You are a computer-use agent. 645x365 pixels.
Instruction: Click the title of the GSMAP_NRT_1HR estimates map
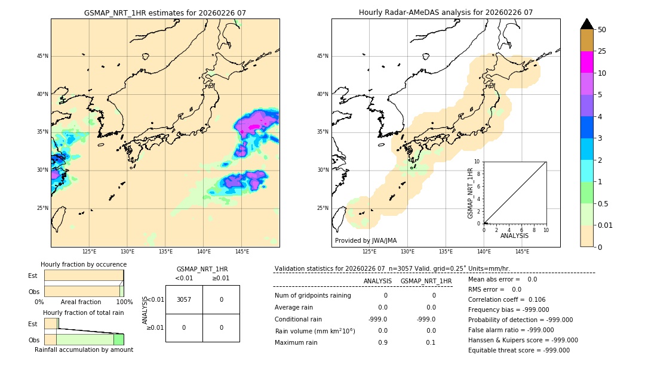(165, 13)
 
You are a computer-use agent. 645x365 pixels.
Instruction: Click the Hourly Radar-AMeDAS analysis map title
(446, 13)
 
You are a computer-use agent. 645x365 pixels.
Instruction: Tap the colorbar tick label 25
(602, 51)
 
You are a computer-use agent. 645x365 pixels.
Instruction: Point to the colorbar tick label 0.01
(606, 225)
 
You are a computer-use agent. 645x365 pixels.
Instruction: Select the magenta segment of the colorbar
(586, 62)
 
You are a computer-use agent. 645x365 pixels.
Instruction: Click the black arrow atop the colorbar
(586, 24)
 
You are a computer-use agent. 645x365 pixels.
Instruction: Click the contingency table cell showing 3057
(184, 299)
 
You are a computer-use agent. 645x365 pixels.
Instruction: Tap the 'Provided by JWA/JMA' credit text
(365, 240)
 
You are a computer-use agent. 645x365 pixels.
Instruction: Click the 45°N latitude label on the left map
(42, 56)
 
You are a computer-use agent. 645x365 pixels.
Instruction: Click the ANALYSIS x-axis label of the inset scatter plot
(514, 236)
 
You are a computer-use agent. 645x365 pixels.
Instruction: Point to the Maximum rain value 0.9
(382, 342)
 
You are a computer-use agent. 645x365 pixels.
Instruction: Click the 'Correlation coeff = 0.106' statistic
(506, 299)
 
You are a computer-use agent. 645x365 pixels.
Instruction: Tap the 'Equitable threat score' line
(518, 350)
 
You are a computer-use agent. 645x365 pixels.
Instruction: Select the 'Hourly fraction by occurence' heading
(84, 264)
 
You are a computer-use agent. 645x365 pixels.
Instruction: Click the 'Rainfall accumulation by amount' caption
(84, 349)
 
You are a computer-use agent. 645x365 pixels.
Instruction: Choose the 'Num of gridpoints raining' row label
(312, 295)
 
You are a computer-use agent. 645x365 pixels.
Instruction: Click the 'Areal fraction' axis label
(81, 302)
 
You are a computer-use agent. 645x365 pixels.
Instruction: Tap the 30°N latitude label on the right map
(322, 170)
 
